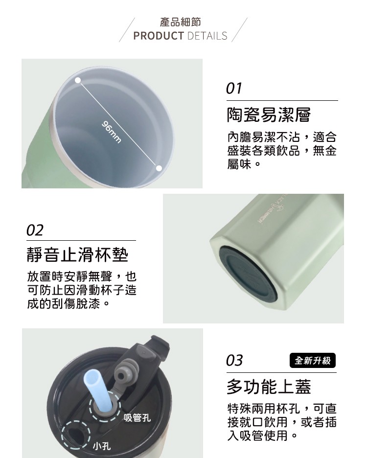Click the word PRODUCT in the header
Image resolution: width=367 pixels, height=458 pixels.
click(159, 36)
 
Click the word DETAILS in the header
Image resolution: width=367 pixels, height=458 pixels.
click(207, 36)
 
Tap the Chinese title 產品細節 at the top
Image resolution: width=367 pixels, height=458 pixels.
click(180, 22)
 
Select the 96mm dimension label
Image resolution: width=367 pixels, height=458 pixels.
click(111, 132)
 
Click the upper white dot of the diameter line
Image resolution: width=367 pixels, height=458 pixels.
click(78, 80)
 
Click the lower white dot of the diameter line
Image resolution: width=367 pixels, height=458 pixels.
click(159, 168)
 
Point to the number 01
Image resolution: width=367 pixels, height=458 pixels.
click(234, 88)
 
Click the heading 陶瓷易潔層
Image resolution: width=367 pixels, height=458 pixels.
click(269, 115)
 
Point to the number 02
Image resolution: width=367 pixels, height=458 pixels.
click(35, 230)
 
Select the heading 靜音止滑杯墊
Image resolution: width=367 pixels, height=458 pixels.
click(77, 255)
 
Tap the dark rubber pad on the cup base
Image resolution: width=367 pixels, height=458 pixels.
click(247, 274)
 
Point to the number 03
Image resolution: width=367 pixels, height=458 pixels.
click(234, 361)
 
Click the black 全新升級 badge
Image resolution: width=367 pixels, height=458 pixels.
click(313, 361)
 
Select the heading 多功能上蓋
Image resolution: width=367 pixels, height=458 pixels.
click(269, 387)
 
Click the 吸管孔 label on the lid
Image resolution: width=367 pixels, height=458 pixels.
click(137, 418)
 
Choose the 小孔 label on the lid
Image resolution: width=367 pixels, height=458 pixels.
click(101, 446)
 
